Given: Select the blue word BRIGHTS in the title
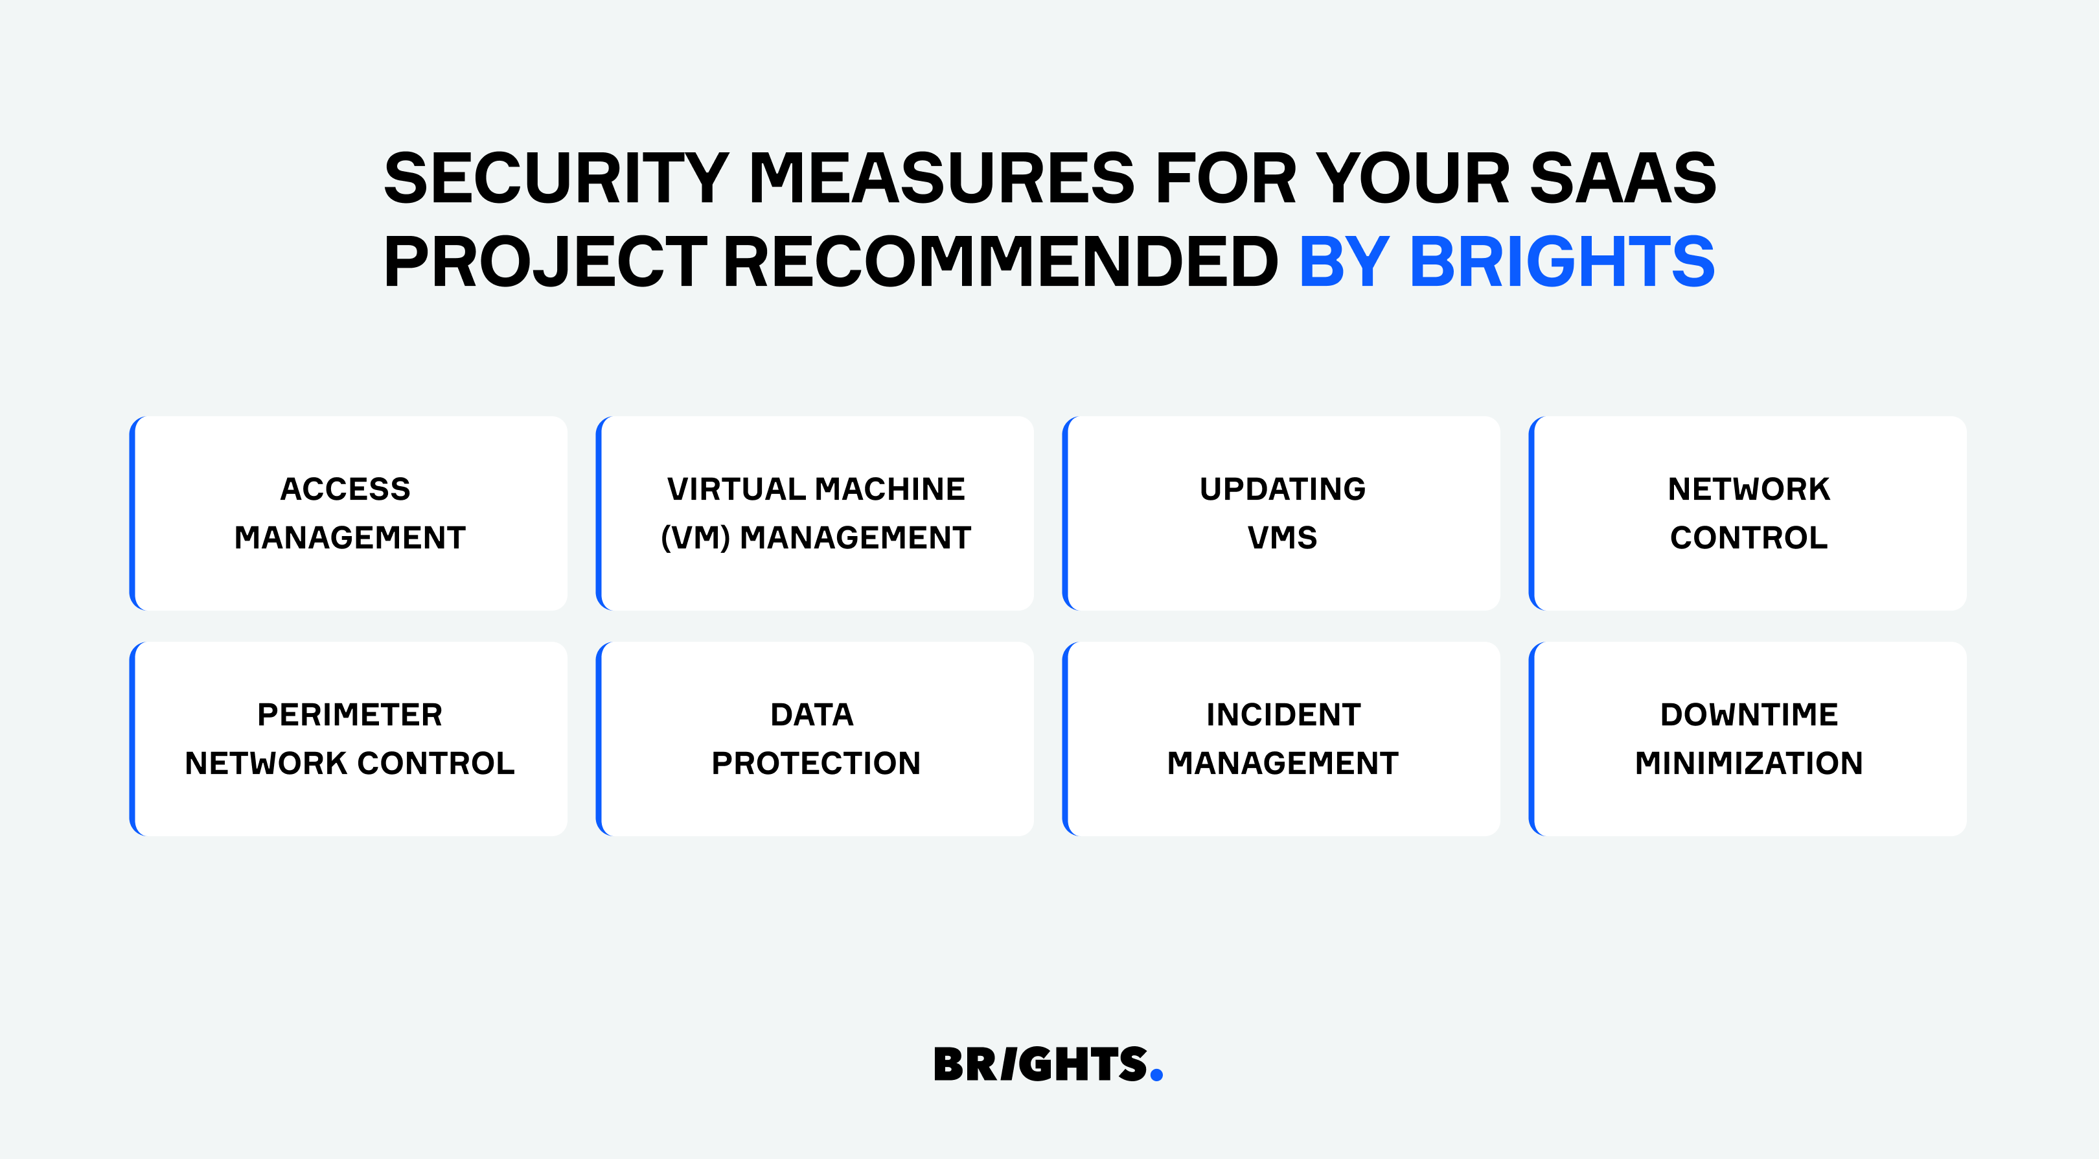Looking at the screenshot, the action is pyautogui.click(x=1562, y=262).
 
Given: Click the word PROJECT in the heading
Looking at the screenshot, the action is pyautogui.click(x=545, y=262).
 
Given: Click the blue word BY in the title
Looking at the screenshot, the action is pyautogui.click(x=1344, y=262).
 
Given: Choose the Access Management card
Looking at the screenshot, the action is pyautogui.click(x=349, y=513).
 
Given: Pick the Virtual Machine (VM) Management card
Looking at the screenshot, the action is pyautogui.click(x=815, y=513).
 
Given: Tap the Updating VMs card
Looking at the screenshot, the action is pyautogui.click(x=1281, y=513).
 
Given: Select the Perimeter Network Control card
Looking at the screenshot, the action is pyautogui.click(x=349, y=738).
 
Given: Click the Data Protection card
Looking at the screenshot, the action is pyautogui.click(x=815, y=738).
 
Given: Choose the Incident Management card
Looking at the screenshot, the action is pyautogui.click(x=1281, y=738).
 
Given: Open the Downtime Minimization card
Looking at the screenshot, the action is pyautogui.click(x=1748, y=738).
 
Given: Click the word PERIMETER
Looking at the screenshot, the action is pyautogui.click(x=350, y=715).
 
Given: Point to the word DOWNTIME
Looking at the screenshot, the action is pyautogui.click(x=1749, y=715).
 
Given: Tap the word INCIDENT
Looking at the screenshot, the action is pyautogui.click(x=1283, y=715).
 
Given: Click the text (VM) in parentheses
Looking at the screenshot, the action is pyautogui.click(x=695, y=538).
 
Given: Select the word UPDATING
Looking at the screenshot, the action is pyautogui.click(x=1283, y=489).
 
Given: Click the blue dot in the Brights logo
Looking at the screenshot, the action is pyautogui.click(x=1156, y=1075).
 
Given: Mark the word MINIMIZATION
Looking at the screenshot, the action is pyautogui.click(x=1749, y=764).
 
